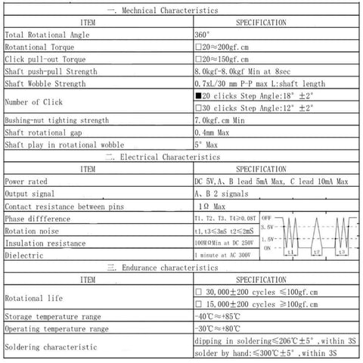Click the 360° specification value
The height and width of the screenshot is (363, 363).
203,35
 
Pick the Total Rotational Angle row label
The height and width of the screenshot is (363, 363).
45,35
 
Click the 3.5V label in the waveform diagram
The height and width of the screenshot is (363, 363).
267,226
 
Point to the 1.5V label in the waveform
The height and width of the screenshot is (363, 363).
267,238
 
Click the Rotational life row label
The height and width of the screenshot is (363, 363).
35,298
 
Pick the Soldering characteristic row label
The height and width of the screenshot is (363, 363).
51,346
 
